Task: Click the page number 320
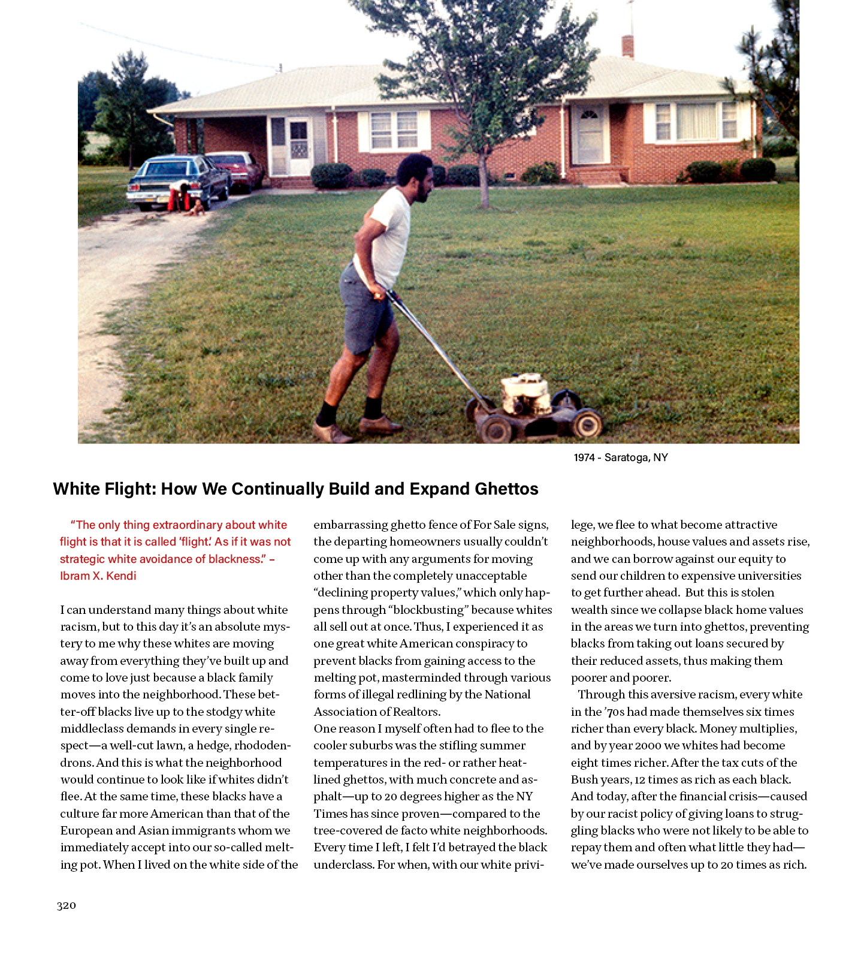tap(67, 905)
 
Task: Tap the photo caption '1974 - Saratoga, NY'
tap(620, 457)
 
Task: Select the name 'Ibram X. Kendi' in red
tap(98, 576)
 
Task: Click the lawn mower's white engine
tap(525, 393)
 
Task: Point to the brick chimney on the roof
tap(627, 47)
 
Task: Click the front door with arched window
tap(590, 134)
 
